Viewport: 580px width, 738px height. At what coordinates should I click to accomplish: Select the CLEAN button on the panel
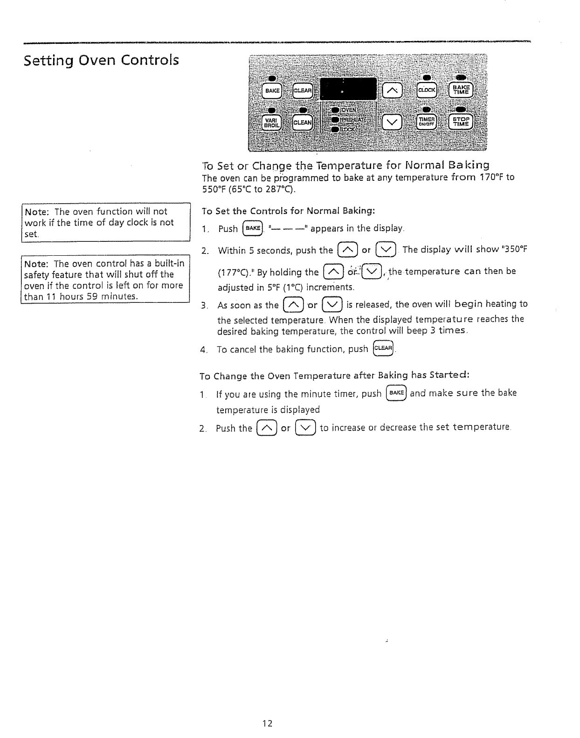click(x=303, y=123)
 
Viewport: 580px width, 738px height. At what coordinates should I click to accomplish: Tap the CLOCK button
click(x=427, y=90)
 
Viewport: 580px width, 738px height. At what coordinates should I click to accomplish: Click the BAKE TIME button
click(x=460, y=90)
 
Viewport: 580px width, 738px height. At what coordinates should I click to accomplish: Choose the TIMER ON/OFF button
click(x=427, y=122)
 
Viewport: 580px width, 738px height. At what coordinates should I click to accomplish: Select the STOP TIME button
click(x=460, y=122)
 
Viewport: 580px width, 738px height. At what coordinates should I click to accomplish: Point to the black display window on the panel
click(x=348, y=89)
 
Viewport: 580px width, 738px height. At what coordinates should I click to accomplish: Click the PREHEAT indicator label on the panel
click(x=350, y=120)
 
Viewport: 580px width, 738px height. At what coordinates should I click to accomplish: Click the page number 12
click(x=267, y=723)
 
